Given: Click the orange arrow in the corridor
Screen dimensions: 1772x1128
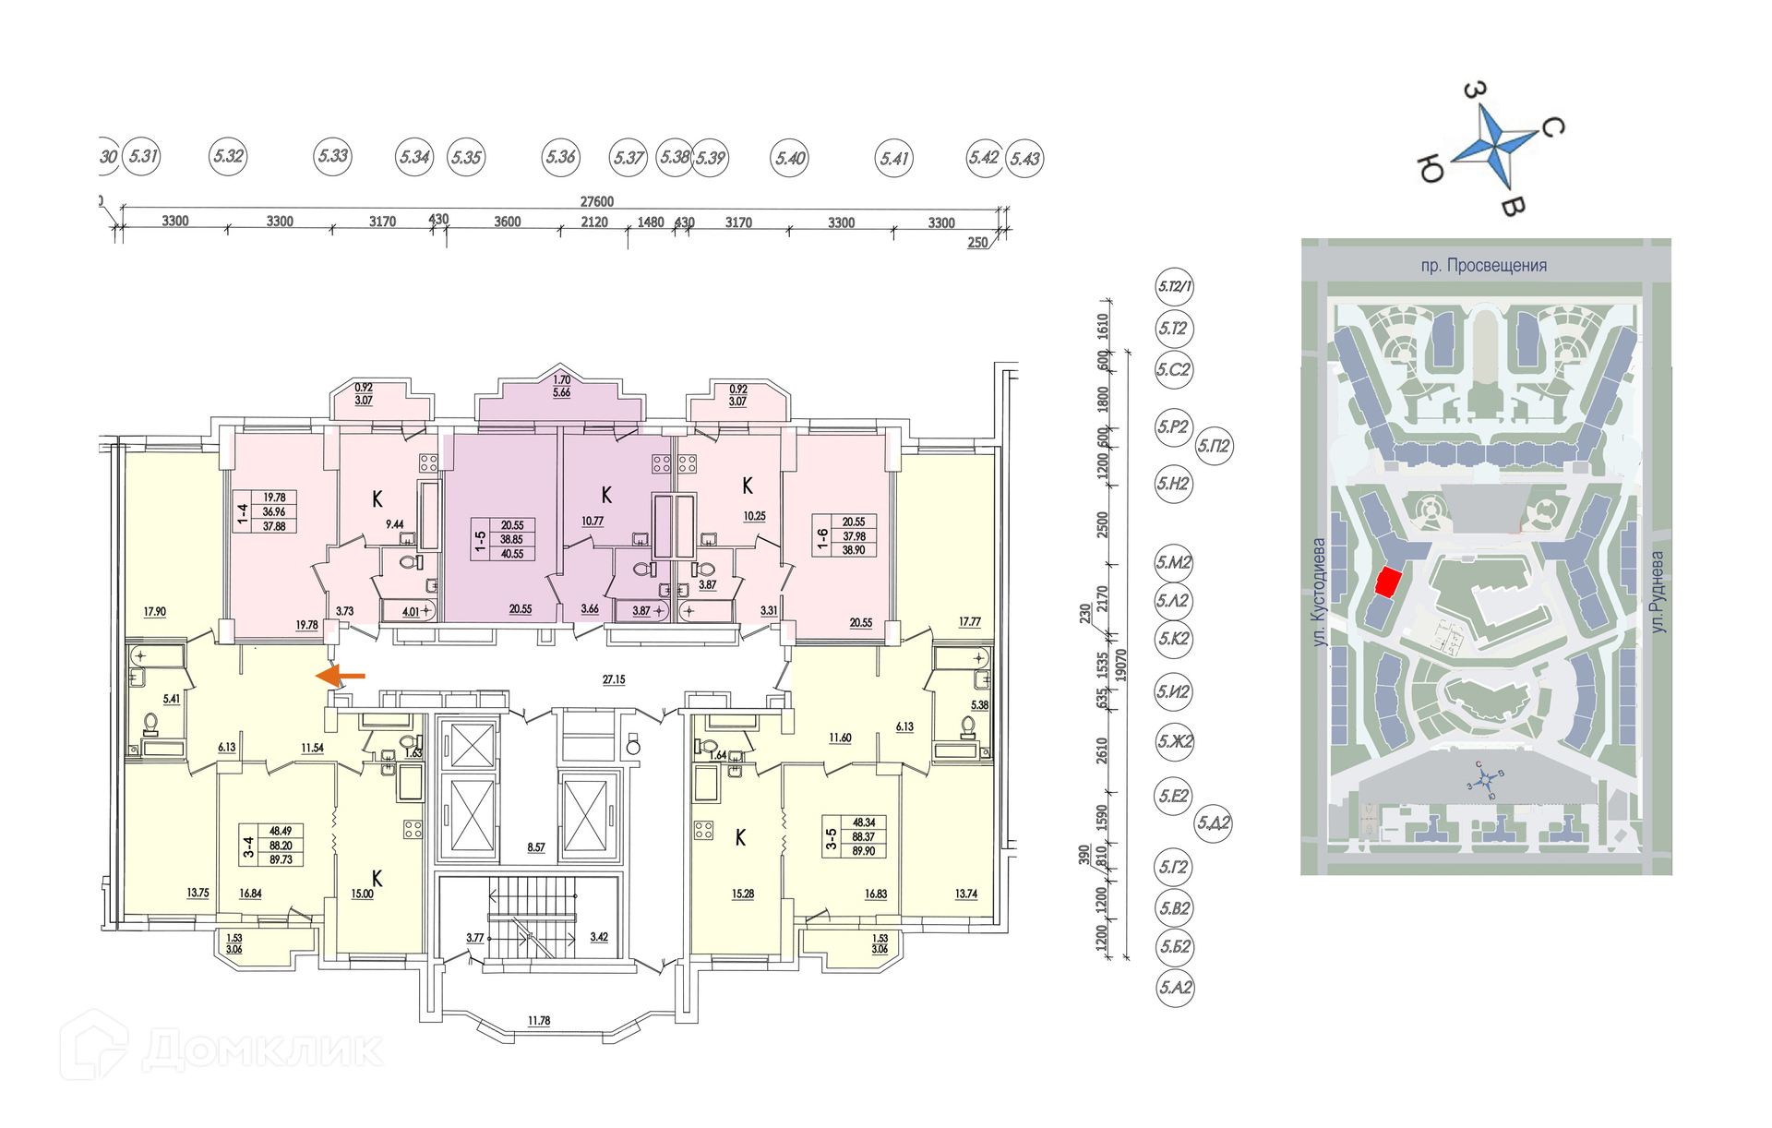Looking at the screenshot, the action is coord(341,677).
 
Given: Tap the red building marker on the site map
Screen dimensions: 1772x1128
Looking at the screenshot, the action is coord(1388,582).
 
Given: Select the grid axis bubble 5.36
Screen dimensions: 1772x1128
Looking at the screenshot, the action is coord(560,158).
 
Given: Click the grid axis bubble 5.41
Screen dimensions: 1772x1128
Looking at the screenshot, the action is coord(893,159).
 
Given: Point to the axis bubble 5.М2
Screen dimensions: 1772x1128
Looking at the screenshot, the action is coord(1174,562).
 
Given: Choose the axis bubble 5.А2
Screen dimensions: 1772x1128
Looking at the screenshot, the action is coord(1175,987).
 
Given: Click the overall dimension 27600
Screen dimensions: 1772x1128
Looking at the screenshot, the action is coord(596,201).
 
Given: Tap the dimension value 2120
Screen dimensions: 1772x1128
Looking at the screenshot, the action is coord(594,222).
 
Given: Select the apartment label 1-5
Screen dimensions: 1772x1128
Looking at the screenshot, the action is coord(480,540).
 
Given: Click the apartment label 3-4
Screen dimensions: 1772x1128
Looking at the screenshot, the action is coord(247,846).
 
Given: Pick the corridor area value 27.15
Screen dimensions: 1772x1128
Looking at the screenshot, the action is coord(614,679).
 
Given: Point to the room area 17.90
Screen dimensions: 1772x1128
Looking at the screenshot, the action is coord(155,611).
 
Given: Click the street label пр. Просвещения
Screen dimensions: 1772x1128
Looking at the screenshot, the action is coord(1483,266).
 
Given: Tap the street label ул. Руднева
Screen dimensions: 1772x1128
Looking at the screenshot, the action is coord(1658,592).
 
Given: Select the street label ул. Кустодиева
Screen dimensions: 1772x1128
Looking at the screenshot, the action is coord(1319,592).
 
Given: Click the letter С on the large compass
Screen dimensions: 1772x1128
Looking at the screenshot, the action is coord(1553,126).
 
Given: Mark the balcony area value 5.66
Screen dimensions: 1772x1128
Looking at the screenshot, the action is coord(561,392).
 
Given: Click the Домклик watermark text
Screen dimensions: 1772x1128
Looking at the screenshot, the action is coord(263,1050).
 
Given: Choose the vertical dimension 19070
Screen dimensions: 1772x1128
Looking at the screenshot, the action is coord(1120,665).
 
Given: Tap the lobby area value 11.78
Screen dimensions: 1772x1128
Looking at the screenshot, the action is coord(539,1021).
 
